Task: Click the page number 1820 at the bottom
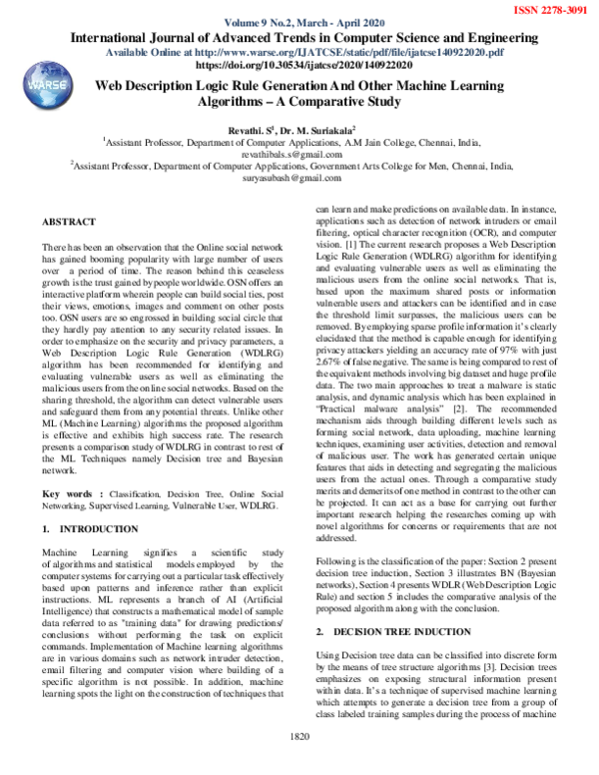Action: (299, 763)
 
